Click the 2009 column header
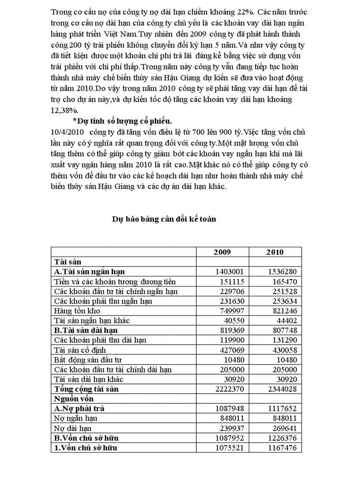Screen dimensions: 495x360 click(x=222, y=252)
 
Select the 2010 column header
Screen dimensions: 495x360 click(x=275, y=252)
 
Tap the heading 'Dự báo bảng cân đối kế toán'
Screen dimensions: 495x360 click(x=164, y=219)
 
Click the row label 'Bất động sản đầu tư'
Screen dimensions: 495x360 click(x=87, y=360)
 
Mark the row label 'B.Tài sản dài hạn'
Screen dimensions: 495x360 click(x=86, y=330)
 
